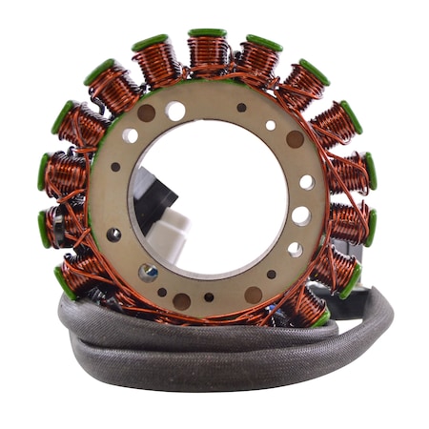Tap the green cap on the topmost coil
click(207, 33)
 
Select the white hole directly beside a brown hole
click(175, 111)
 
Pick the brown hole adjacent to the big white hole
click(147, 112)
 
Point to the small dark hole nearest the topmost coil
click(241, 108)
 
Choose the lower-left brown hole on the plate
click(180, 300)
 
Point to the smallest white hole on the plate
click(271, 125)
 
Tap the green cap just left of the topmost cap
click(150, 43)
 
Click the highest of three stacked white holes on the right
click(307, 182)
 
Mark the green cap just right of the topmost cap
click(264, 43)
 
